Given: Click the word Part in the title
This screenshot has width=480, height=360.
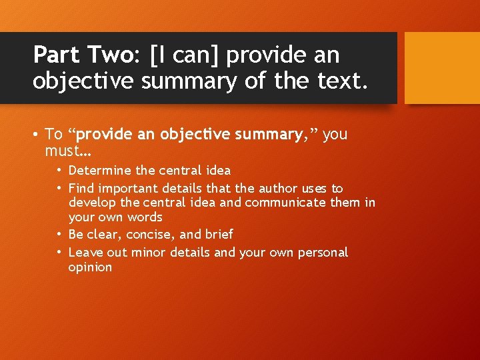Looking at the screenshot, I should click(x=57, y=55).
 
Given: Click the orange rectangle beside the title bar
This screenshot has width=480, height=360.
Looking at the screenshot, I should click(x=442, y=68).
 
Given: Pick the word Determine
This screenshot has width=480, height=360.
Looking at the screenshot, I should click(x=100, y=170).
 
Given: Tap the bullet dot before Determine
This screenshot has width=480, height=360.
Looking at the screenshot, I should click(x=59, y=171).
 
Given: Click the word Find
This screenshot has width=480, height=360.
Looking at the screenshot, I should click(x=81, y=189).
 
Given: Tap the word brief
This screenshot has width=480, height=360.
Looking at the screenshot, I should click(x=219, y=234).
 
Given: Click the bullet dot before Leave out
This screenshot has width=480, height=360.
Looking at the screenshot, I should click(x=59, y=253).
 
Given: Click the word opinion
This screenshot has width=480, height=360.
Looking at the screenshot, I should click(x=91, y=267).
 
